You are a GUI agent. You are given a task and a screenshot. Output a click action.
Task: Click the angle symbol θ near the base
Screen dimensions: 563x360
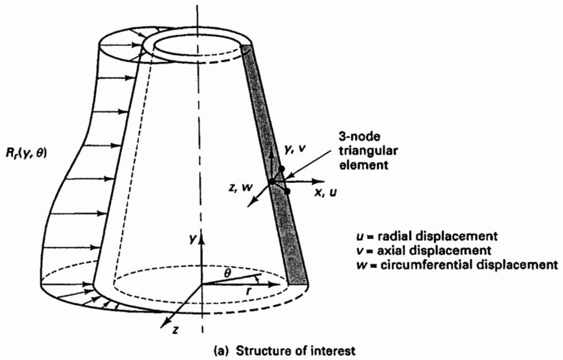click(227, 274)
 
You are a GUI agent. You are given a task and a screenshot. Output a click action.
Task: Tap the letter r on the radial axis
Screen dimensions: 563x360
click(248, 292)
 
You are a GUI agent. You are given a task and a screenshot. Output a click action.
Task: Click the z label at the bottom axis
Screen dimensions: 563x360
click(175, 330)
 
